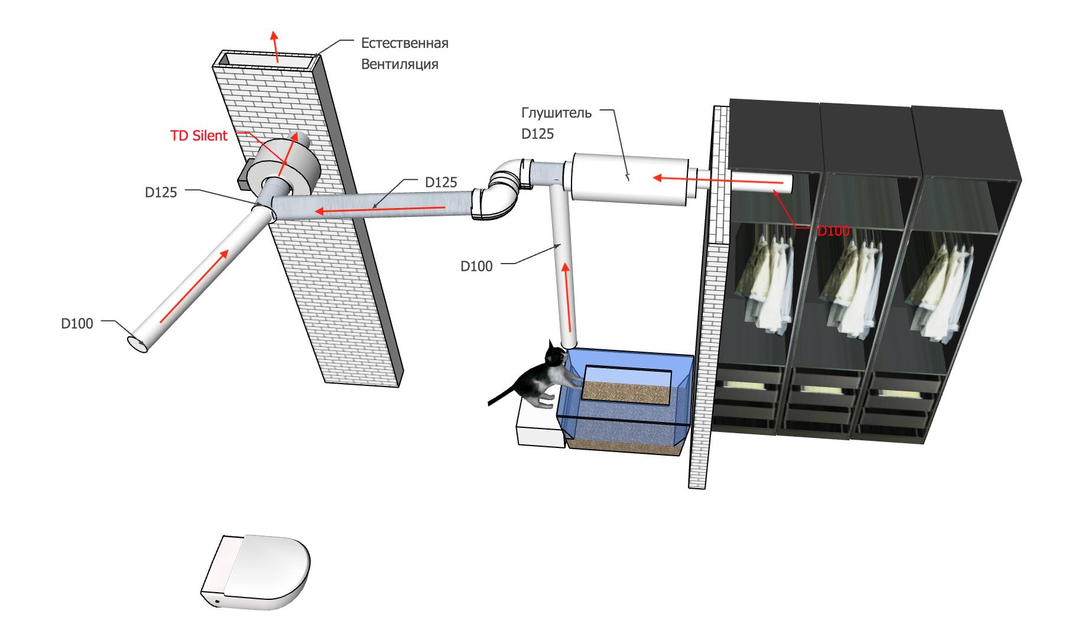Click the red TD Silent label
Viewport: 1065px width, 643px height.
[199, 135]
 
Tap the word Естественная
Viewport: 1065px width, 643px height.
[405, 43]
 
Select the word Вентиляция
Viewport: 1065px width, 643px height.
[400, 64]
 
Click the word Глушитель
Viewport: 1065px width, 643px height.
[556, 113]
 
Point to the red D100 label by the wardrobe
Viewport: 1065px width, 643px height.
[833, 230]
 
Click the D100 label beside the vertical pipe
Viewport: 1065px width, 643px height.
[476, 267]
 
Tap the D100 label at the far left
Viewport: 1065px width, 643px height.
[77, 323]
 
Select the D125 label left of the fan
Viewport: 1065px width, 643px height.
[161, 192]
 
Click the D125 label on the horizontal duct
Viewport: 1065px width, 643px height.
[441, 182]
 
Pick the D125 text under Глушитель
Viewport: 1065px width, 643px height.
[538, 134]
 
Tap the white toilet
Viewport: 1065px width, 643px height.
[255, 573]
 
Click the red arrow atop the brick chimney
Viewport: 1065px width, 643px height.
[275, 45]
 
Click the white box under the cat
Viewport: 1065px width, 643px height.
[540, 424]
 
